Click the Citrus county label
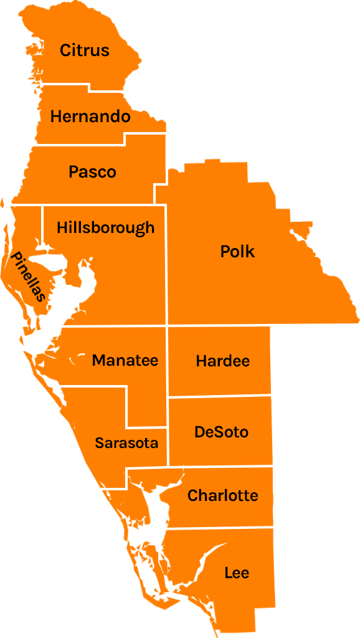click(x=85, y=50)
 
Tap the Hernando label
click(x=90, y=117)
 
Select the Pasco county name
click(x=92, y=172)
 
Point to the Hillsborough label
click(x=105, y=228)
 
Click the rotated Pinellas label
click(x=28, y=277)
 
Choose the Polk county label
click(x=237, y=252)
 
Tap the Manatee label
click(x=125, y=360)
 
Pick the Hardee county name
click(x=222, y=361)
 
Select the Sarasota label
click(x=126, y=443)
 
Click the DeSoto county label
click(x=221, y=432)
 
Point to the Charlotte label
click(x=222, y=496)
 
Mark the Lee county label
click(x=237, y=573)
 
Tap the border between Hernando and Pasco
click(x=81, y=145)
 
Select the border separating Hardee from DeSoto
click(x=221, y=396)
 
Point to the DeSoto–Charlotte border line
click(x=221, y=466)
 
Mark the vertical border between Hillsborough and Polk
click(x=166, y=268)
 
